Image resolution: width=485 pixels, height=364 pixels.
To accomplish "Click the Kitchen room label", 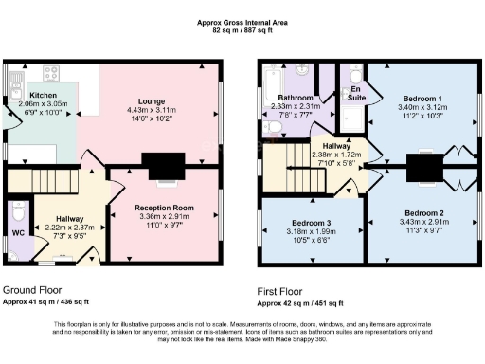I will point(44,95).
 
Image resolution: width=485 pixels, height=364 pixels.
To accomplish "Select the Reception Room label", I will point(163,207).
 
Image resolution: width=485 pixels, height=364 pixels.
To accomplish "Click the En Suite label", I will point(356,93).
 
